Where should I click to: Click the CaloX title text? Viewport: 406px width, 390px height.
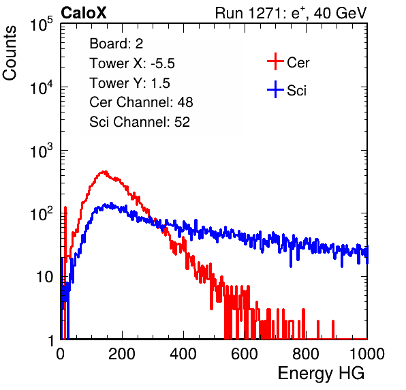click(84, 13)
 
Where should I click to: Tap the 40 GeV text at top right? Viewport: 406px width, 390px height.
click(340, 14)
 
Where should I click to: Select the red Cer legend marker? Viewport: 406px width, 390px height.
click(275, 61)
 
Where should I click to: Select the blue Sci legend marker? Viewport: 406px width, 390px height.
click(275, 90)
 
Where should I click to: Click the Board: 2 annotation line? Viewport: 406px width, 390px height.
click(116, 44)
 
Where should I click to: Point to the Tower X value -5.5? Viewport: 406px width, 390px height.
click(163, 63)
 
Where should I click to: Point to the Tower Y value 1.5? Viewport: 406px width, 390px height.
click(161, 83)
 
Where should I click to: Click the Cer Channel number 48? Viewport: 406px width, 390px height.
click(185, 102)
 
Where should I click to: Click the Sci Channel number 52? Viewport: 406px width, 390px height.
click(182, 122)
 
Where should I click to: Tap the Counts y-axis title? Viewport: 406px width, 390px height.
click(10, 53)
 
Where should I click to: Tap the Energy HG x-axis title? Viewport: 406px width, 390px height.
click(321, 374)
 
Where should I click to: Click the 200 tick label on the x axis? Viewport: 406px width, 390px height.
click(122, 354)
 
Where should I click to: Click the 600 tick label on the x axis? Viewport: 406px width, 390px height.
click(245, 354)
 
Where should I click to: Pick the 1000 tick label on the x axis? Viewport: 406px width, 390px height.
click(367, 354)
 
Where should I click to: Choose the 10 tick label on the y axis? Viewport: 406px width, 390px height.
click(45, 277)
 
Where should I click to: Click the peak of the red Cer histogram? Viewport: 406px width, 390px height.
click(104, 172)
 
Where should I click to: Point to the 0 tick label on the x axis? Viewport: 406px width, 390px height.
click(61, 354)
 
